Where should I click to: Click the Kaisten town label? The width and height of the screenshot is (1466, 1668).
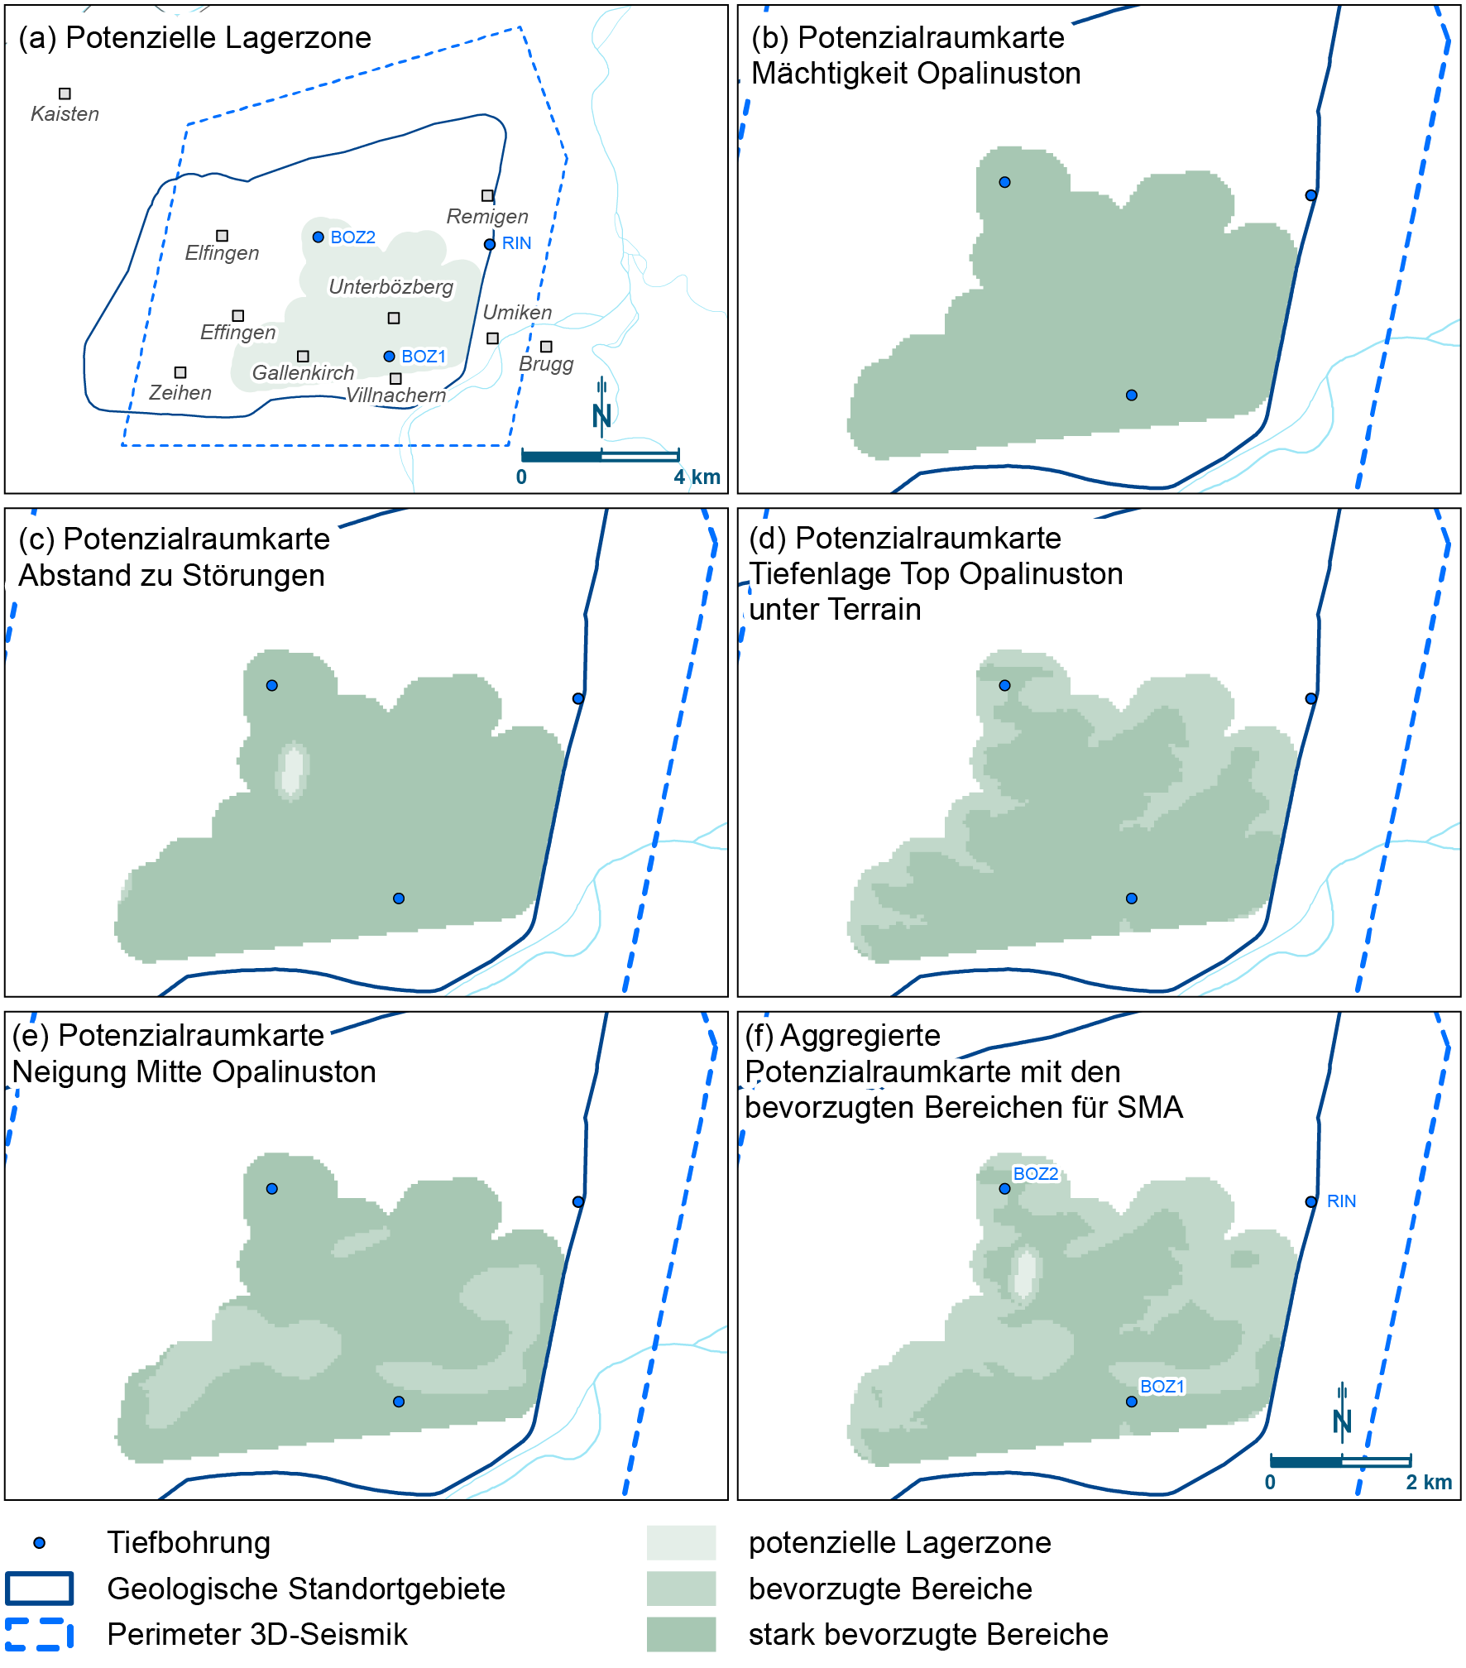pyautogui.click(x=65, y=113)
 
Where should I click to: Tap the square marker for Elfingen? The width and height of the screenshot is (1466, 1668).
pyautogui.click(x=222, y=236)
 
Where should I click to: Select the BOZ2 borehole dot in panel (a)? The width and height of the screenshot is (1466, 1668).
pyautogui.click(x=318, y=237)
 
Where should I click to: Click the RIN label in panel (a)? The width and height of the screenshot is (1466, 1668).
pyautogui.click(x=516, y=243)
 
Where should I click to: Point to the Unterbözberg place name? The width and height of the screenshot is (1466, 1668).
pyautogui.click(x=390, y=287)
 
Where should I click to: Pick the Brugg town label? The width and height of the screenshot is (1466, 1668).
pyautogui.click(x=546, y=364)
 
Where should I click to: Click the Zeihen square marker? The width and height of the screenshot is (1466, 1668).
pyautogui.click(x=180, y=373)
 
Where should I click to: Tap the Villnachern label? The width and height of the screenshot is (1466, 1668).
pyautogui.click(x=395, y=395)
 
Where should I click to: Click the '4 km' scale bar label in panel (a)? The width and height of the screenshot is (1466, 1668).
pyautogui.click(x=697, y=477)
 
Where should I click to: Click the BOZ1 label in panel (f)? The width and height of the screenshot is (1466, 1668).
pyautogui.click(x=1162, y=1387)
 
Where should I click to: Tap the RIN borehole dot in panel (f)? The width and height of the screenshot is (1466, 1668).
pyautogui.click(x=1310, y=1202)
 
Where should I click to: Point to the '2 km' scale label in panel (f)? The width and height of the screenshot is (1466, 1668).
pyautogui.click(x=1429, y=1482)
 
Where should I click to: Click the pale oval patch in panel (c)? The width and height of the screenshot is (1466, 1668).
pyautogui.click(x=291, y=770)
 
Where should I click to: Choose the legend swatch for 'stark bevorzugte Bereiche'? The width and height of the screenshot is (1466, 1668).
pyautogui.click(x=681, y=1634)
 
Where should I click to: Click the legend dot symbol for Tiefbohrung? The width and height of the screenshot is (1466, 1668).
pyautogui.click(x=39, y=1543)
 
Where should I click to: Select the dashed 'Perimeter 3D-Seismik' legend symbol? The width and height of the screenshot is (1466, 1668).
pyautogui.click(x=39, y=1634)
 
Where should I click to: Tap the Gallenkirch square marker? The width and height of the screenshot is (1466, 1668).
pyautogui.click(x=303, y=357)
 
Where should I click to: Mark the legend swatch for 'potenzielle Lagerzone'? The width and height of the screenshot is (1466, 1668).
pyautogui.click(x=681, y=1543)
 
